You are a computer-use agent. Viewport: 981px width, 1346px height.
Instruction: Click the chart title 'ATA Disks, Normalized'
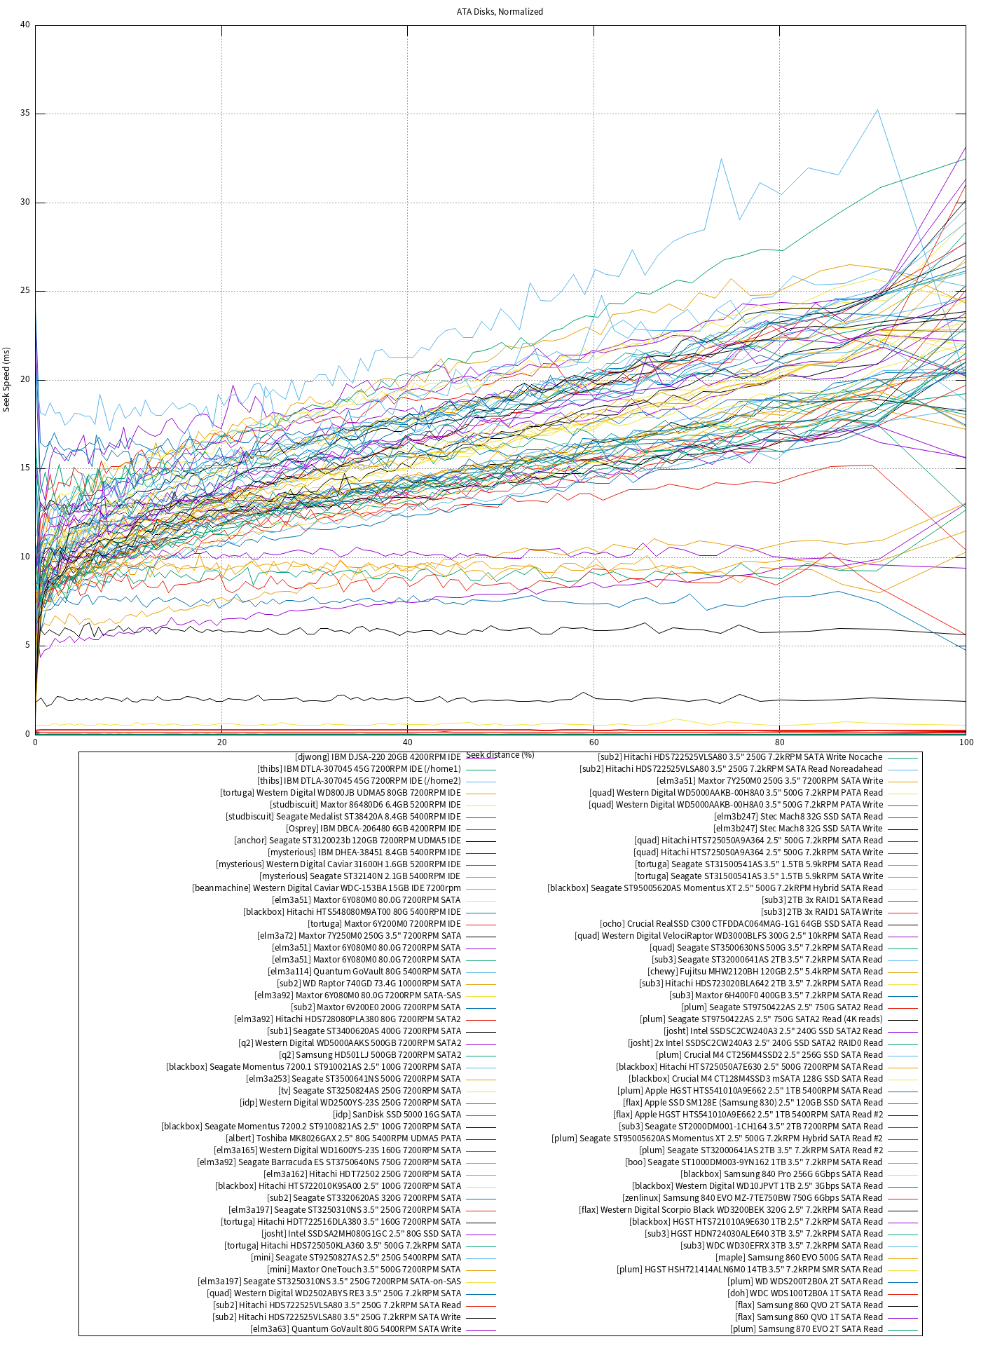coord(500,12)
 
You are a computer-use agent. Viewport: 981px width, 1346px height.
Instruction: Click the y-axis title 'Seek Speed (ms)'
coord(7,379)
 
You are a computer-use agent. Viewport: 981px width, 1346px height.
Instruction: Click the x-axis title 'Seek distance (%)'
coord(500,755)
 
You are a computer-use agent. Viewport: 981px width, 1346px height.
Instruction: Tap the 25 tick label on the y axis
coord(25,291)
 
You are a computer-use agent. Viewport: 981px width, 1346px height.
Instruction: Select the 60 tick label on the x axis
coord(594,742)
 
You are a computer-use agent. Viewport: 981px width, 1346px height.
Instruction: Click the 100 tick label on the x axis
coord(966,742)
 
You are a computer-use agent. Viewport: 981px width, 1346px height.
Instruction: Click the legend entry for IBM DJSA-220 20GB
coord(378,757)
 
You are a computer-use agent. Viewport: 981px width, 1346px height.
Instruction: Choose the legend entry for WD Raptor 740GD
coord(369,984)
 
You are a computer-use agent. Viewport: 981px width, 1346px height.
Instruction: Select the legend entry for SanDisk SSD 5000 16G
coord(397,1115)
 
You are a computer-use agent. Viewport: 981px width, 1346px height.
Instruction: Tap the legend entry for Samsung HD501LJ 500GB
coord(370,1055)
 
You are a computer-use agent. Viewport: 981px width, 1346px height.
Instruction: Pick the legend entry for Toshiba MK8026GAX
coord(343,1138)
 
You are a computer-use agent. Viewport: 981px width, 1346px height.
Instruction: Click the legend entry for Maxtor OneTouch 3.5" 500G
coord(364,1270)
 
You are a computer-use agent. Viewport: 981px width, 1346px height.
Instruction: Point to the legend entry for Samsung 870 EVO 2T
coord(807,1329)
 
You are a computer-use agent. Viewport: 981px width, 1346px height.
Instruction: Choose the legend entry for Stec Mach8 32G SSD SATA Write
coord(798,829)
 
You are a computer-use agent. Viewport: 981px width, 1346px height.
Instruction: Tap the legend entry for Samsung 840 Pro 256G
coord(781,1174)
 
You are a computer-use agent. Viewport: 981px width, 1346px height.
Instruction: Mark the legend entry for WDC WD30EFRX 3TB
coord(781,1246)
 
